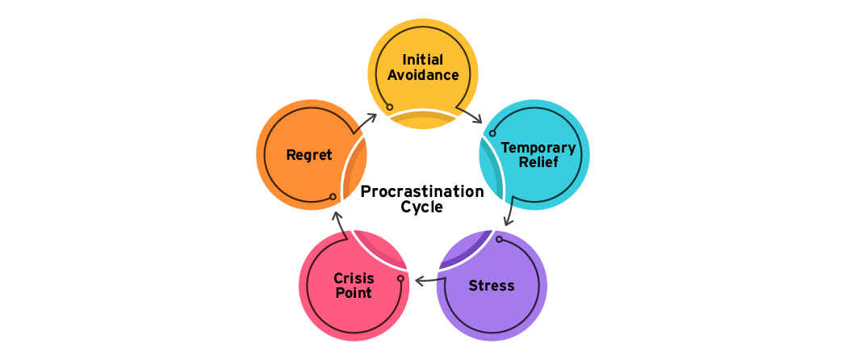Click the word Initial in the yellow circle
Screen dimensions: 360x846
coord(423,60)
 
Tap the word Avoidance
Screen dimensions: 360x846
coord(423,75)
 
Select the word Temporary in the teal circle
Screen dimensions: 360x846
coord(538,148)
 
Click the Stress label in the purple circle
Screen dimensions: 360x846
coord(492,286)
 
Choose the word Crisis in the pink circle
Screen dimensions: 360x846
coord(354,278)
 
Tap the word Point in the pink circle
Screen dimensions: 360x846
coord(354,293)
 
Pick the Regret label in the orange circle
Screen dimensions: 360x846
coord(309,155)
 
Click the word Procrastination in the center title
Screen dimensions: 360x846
coord(422,191)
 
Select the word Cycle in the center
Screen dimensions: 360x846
coord(422,207)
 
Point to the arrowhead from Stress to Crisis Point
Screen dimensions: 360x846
coord(418,281)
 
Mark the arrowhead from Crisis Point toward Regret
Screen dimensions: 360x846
coord(336,214)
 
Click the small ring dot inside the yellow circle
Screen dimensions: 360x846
coord(390,107)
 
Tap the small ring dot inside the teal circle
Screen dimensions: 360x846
coord(492,134)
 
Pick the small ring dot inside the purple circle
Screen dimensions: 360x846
coord(499,239)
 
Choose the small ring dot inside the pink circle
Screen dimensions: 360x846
coord(400,278)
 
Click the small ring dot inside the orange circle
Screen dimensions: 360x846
coord(333,196)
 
